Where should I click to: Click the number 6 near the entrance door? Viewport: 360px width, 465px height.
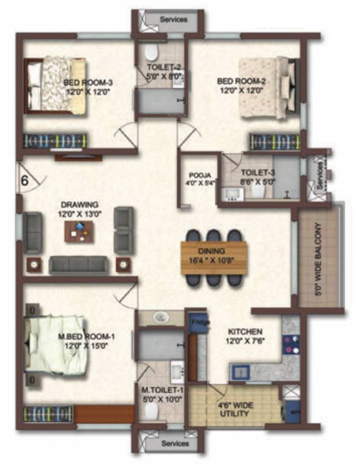click(x=25, y=180)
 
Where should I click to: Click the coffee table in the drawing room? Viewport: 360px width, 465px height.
click(x=79, y=230)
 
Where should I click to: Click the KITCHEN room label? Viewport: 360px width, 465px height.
click(x=245, y=332)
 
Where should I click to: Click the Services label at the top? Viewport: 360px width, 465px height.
click(x=174, y=19)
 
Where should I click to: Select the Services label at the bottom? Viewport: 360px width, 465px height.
click(x=174, y=444)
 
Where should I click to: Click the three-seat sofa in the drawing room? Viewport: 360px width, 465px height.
click(x=77, y=264)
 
